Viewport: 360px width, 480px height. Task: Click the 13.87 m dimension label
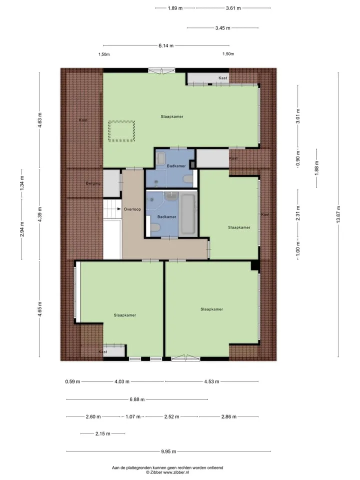(x=338, y=214)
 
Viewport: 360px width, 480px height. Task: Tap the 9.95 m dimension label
(x=168, y=451)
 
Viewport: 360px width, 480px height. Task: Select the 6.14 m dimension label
(x=166, y=45)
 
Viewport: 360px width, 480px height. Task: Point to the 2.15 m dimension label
(x=103, y=433)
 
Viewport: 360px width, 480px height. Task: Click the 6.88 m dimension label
(x=137, y=399)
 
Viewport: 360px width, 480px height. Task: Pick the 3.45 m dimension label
(x=222, y=28)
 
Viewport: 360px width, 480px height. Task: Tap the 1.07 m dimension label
(x=133, y=416)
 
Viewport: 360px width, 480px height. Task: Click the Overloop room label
(x=132, y=209)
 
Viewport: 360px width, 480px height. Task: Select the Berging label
(x=93, y=183)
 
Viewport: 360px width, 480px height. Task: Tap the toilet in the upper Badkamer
(x=187, y=179)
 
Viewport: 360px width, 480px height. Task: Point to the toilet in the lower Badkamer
(x=155, y=228)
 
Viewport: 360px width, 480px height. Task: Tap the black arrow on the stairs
(x=119, y=209)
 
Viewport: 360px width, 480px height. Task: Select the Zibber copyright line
(x=167, y=472)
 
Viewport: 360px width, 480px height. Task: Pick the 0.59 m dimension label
(x=72, y=381)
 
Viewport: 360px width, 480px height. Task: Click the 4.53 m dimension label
(x=212, y=381)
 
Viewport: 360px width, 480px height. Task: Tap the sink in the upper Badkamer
(x=160, y=158)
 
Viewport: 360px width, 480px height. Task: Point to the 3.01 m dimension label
(x=298, y=116)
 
